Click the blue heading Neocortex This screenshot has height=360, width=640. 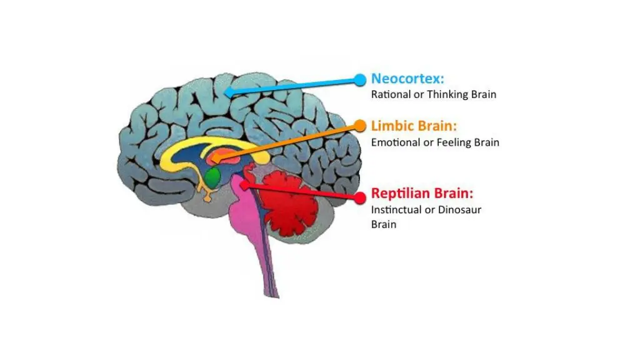[x=407, y=79]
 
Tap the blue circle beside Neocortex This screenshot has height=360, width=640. [x=359, y=79]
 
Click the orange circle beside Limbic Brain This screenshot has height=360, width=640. [x=361, y=126]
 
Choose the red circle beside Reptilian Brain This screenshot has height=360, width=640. [x=359, y=197]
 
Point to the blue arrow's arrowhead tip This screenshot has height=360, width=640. [x=226, y=92]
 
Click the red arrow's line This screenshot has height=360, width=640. [x=300, y=191]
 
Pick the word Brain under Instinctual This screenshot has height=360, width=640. [x=384, y=224]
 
